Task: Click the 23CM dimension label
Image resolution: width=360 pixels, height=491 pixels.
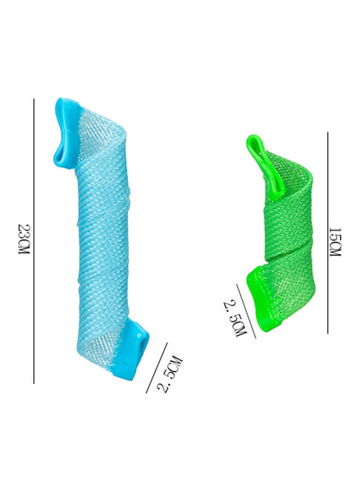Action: [x=23, y=241]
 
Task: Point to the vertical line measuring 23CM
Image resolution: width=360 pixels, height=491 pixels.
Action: [x=34, y=240]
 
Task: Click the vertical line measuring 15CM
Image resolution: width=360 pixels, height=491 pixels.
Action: [x=328, y=232]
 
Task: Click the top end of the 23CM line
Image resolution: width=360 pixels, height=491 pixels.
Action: [x=34, y=99]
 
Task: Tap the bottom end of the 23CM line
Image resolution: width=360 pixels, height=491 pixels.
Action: [x=34, y=383]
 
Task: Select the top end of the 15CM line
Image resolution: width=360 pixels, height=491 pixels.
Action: [x=328, y=133]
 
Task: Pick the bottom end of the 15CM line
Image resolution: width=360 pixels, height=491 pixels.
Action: [x=328, y=332]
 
